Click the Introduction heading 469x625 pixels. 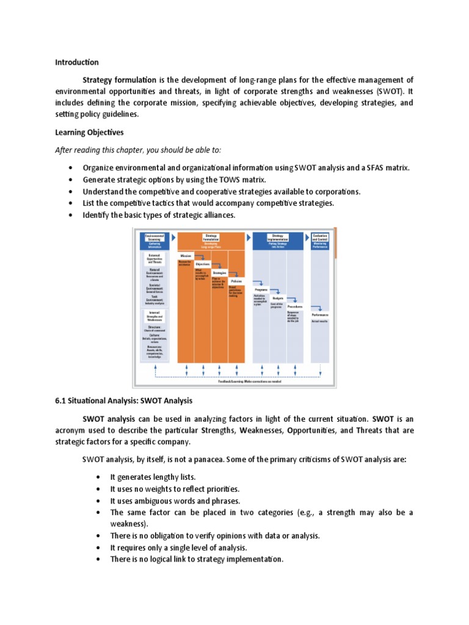coord(77,62)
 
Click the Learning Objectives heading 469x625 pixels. coord(89,132)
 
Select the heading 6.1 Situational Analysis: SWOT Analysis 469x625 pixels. coord(124,401)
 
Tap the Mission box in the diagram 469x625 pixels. coord(186,256)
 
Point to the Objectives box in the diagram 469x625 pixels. coord(203,264)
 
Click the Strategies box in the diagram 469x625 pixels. coord(219,273)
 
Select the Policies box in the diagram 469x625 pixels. coord(236,281)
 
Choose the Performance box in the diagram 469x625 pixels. coord(320,315)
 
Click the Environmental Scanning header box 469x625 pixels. coord(155,240)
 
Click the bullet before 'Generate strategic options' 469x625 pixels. coord(71,179)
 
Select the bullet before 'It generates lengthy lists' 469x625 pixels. coord(98,477)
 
